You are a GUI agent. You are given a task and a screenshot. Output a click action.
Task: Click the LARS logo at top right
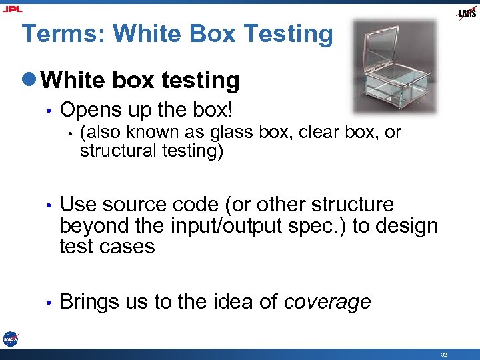(466, 13)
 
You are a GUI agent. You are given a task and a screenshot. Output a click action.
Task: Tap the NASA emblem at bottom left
(10, 338)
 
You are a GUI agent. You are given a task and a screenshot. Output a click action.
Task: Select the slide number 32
(443, 354)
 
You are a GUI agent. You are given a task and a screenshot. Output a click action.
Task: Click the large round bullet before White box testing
(30, 81)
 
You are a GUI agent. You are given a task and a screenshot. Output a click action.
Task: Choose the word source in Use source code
(134, 205)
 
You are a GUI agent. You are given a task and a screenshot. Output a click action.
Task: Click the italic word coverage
(327, 302)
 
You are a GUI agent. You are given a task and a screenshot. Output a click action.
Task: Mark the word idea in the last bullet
(233, 302)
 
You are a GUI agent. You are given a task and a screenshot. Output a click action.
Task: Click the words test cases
(107, 247)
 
